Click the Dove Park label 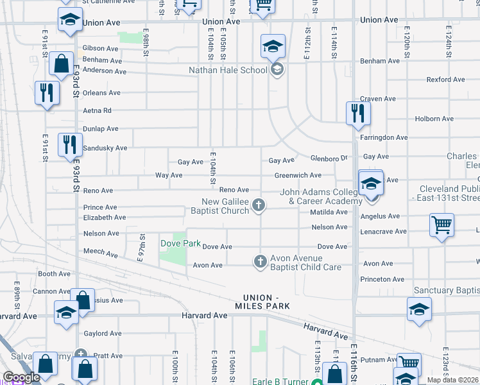[180, 244]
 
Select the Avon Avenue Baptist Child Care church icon [260, 261]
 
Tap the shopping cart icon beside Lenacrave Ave [441, 225]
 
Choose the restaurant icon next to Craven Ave [358, 114]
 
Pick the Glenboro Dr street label [328, 158]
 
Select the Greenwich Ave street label [298, 175]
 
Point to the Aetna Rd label [98, 110]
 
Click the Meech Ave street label [101, 253]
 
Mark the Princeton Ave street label [382, 279]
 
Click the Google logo [22, 377]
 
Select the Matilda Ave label [329, 212]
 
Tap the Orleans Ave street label [101, 93]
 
